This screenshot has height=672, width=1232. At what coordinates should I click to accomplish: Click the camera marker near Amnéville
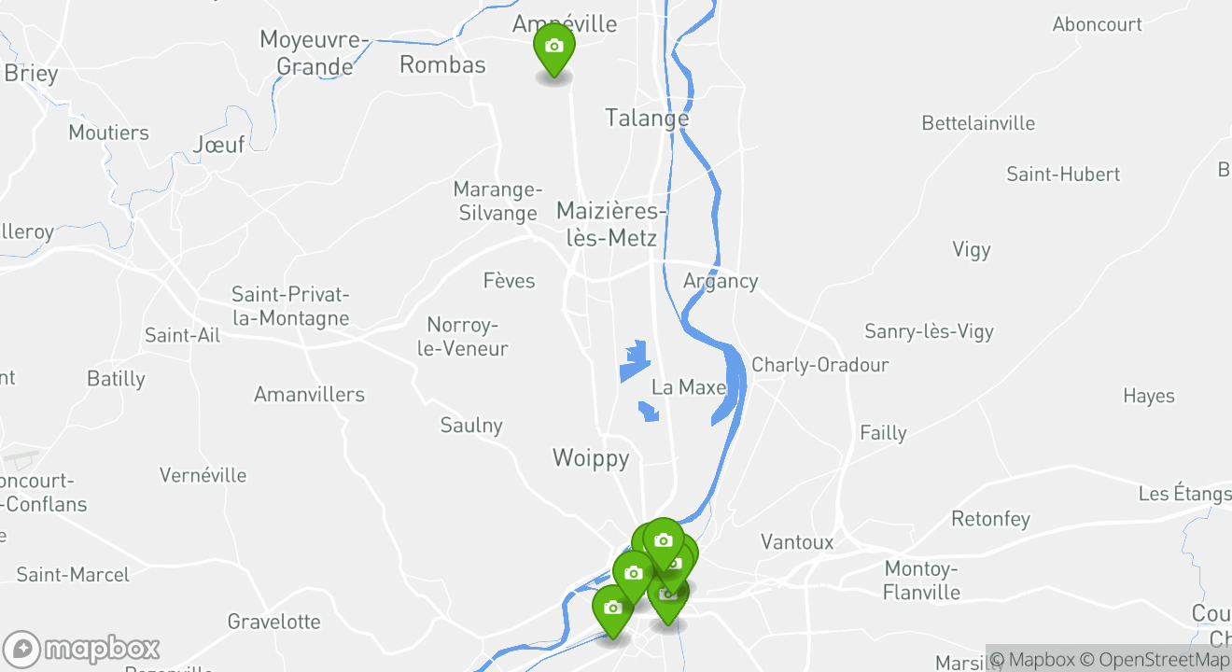[x=553, y=48]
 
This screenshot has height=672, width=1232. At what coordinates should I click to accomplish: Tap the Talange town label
[x=647, y=119]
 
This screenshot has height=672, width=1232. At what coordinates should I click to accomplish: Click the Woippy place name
[x=591, y=458]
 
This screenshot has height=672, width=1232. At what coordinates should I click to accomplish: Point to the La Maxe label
[x=689, y=386]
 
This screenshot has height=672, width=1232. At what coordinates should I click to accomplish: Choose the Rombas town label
[x=442, y=64]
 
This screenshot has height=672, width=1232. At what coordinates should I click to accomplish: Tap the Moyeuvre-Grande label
[x=315, y=53]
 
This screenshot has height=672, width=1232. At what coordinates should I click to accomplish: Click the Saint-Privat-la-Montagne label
[x=290, y=306]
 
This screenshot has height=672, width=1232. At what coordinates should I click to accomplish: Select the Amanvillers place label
[x=309, y=395]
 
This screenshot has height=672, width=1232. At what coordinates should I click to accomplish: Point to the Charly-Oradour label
[x=819, y=365]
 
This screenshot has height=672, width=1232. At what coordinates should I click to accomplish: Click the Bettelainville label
[x=978, y=123]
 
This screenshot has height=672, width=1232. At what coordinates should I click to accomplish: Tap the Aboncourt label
[x=1097, y=25]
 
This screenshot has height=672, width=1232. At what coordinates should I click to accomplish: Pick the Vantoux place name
[x=797, y=542]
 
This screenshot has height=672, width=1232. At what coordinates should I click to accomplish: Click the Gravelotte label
[x=273, y=622]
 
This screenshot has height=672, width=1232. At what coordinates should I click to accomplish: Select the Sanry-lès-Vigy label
[x=929, y=331]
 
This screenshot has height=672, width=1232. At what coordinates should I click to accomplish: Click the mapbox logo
[x=81, y=649]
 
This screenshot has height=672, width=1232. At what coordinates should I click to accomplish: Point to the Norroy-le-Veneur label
[x=467, y=337]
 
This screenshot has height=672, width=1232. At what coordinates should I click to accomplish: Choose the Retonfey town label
[x=990, y=519]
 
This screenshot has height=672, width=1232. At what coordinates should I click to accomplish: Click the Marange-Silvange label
[x=497, y=202]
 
